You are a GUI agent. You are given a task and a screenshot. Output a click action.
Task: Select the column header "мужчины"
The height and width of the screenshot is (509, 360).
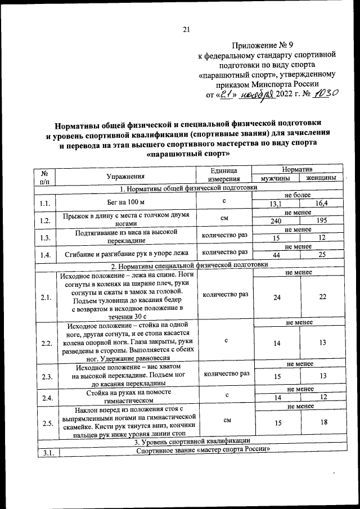click(x=275, y=178)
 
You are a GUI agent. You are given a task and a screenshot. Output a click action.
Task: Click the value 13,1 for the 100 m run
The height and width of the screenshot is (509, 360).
click(x=276, y=204)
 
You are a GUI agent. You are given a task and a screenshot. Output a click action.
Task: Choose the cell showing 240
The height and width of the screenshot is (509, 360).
click(x=276, y=222)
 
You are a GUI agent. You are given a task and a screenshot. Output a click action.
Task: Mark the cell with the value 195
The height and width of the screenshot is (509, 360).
click(x=322, y=222)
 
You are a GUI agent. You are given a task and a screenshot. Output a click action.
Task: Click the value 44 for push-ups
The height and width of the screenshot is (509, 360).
click(x=276, y=256)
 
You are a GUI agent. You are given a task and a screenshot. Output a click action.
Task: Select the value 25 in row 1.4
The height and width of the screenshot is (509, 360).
click(x=322, y=256)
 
